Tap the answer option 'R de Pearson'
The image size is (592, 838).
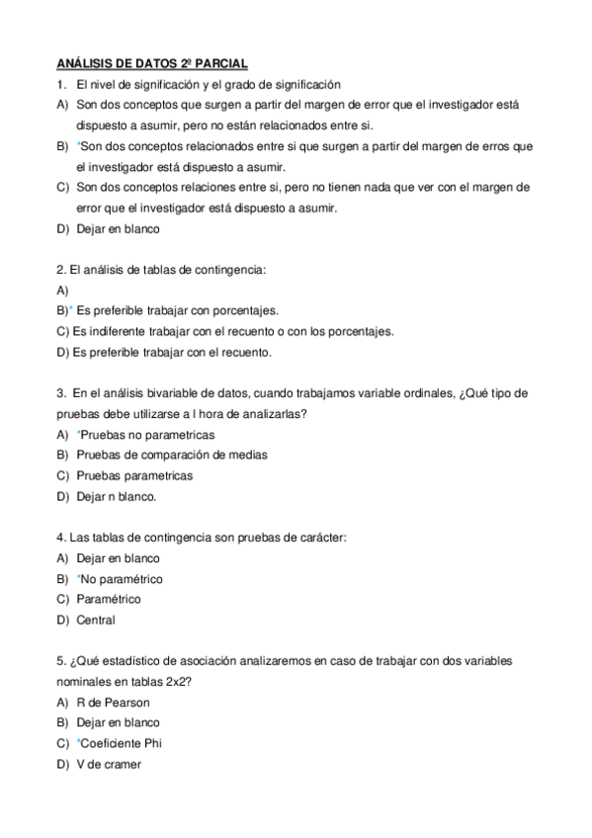(113, 702)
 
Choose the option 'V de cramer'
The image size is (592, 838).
(109, 764)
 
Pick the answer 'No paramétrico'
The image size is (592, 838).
(123, 579)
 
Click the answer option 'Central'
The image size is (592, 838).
(96, 621)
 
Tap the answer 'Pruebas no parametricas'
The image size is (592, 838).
(147, 435)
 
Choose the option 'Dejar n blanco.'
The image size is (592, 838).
(117, 496)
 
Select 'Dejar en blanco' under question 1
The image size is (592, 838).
(118, 228)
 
